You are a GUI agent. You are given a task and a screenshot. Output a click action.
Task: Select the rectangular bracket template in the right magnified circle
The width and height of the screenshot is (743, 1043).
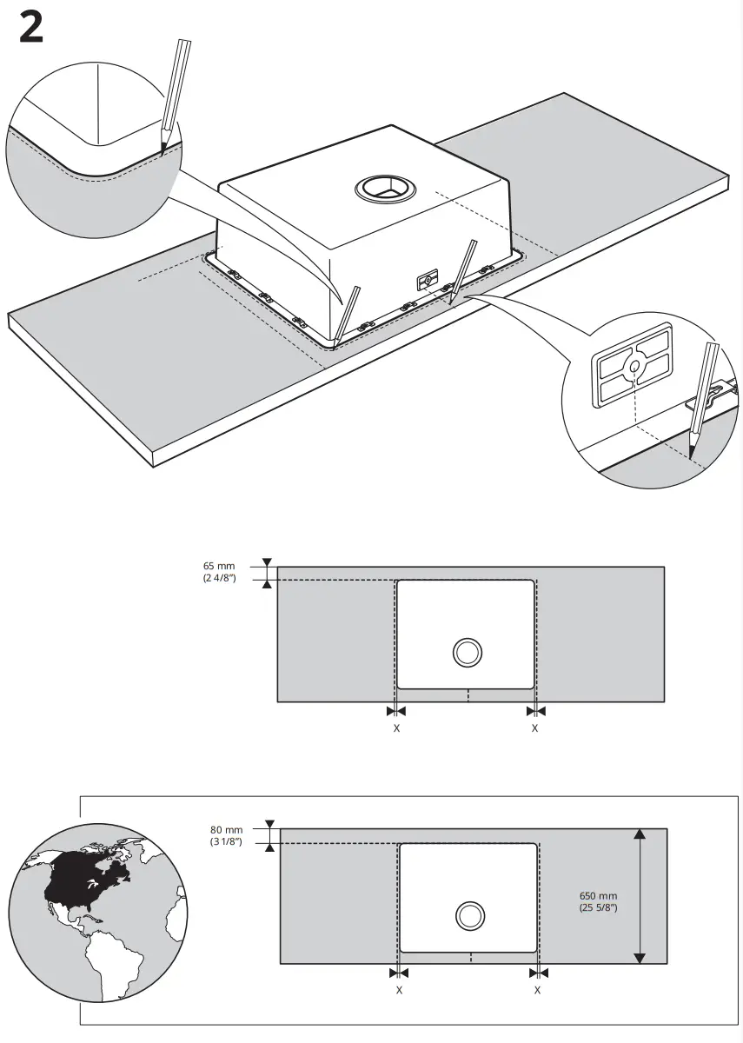pos(634,366)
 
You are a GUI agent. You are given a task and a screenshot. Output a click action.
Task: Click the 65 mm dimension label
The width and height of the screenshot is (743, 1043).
pos(219,572)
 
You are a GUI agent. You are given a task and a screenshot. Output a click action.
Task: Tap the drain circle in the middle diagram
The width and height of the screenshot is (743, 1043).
pos(467,652)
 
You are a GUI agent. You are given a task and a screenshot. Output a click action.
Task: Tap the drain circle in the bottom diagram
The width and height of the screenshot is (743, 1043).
pos(469,915)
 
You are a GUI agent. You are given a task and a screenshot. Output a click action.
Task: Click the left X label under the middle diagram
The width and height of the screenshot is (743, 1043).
pos(396,728)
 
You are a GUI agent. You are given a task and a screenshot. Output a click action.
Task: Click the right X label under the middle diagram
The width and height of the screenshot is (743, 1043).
pos(534,728)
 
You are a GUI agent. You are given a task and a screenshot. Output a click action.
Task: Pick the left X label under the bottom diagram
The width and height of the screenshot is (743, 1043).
pos(399,990)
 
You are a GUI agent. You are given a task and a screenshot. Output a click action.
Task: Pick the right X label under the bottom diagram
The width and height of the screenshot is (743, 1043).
pos(538,990)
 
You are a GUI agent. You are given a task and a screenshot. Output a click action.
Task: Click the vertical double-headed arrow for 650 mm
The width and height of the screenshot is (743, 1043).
pos(640,895)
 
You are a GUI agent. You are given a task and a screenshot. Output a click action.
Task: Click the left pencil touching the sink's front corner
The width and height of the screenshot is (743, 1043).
pos(347,312)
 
